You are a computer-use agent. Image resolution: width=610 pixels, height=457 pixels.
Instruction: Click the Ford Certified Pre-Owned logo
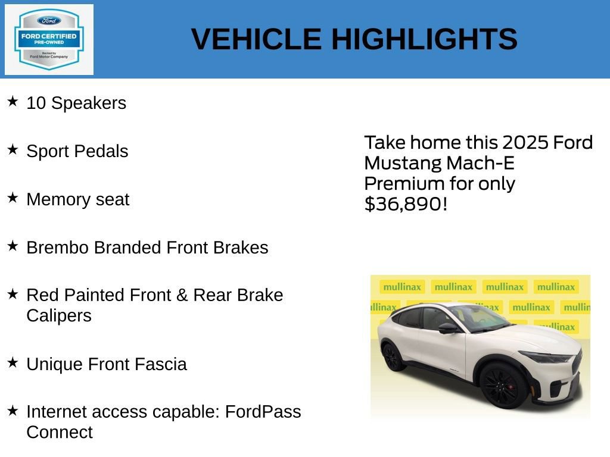(49, 40)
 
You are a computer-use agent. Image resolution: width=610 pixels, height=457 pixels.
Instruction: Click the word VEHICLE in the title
(256, 39)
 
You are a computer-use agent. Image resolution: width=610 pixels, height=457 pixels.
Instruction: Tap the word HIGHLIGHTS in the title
(424, 39)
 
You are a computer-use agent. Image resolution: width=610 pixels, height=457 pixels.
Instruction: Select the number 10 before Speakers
(36, 103)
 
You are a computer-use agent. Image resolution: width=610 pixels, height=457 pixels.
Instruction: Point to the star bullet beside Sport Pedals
(13, 149)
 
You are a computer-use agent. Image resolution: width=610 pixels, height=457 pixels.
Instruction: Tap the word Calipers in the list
(59, 315)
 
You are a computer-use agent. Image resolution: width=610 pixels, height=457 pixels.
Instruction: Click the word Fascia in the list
(163, 364)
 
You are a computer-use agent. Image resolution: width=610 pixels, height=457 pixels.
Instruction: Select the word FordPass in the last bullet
(263, 412)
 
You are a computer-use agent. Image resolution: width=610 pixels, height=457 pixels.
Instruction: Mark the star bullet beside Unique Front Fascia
(13, 362)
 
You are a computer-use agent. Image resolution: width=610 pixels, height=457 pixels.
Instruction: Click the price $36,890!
(405, 204)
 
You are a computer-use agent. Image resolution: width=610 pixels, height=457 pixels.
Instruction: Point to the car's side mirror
(447, 328)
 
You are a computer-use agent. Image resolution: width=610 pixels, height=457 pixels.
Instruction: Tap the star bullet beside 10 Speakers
(13, 101)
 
